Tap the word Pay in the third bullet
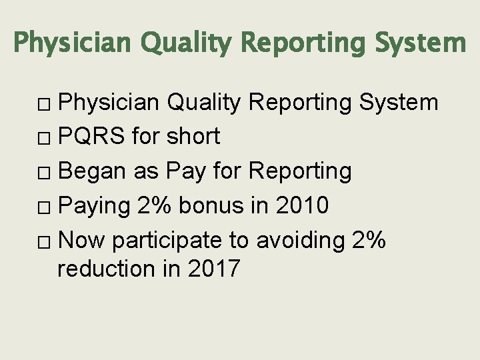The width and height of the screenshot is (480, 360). pos(182,171)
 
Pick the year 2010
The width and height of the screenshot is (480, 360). pos(303,206)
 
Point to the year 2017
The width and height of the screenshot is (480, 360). pos(215,269)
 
